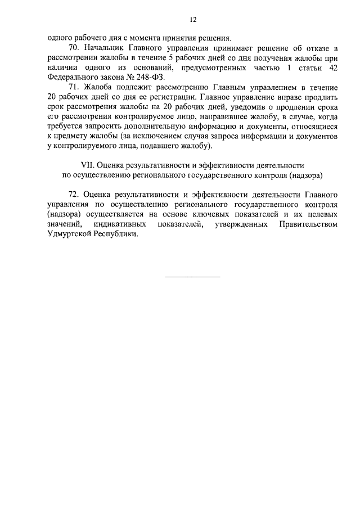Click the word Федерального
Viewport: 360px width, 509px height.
click(x=71, y=78)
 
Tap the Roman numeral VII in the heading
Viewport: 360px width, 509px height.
click(x=87, y=165)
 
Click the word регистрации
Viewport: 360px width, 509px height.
click(x=172, y=97)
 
